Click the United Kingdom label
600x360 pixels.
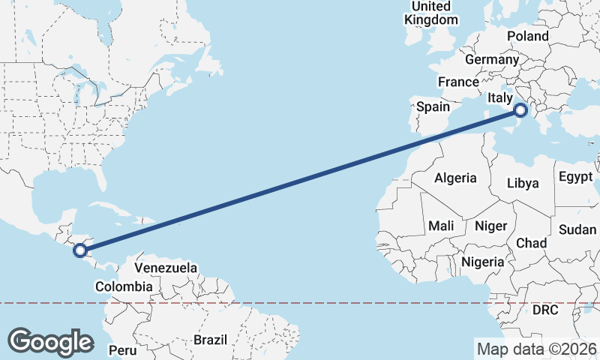pos(431,13)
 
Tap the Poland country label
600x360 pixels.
pos(527,36)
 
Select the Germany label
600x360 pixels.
pos(492,59)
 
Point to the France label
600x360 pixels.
pos(458,82)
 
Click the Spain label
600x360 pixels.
pos(433,106)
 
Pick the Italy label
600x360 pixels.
pos(499,97)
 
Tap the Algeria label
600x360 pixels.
pos(455,178)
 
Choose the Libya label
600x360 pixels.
pos(523,182)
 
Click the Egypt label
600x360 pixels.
pos(575,178)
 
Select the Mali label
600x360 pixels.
pos(441,225)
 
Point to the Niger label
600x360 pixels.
pos(491,225)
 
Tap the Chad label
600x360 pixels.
pos(531,243)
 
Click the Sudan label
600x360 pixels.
pos(577,229)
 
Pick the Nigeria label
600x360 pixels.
pos(483,262)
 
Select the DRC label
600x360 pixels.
pos(545,310)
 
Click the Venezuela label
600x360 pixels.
pos(166,268)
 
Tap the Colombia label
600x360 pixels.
pos(124,286)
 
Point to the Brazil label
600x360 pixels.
pos(210,340)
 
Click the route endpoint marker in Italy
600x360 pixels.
pos(520,112)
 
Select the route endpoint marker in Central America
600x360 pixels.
pos(80,250)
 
